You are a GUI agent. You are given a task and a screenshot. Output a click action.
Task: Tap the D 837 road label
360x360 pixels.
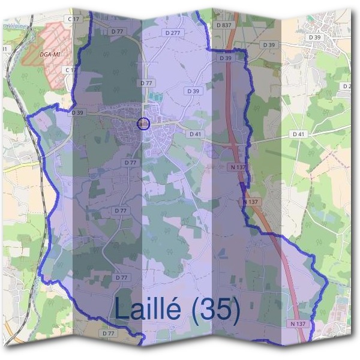tap(223, 25)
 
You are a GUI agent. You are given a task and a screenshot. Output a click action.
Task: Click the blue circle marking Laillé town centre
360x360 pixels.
tap(143, 124)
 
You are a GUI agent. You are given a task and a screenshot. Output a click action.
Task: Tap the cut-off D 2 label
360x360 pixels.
tap(346, 86)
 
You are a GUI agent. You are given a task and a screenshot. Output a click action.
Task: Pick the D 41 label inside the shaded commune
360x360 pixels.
tap(194, 134)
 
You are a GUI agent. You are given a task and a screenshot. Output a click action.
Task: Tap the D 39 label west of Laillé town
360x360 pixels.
tap(77, 112)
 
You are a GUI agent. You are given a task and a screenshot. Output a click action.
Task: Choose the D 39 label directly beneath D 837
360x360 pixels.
tap(226, 58)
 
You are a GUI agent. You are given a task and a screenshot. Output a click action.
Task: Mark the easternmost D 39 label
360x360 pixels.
tap(315, 37)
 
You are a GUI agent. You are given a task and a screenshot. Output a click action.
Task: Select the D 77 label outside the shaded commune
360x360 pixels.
tap(109, 332)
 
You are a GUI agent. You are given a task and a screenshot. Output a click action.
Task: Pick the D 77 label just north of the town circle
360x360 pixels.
tap(146, 83)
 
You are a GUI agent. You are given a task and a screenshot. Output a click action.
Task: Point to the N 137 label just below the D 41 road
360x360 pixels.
tap(237, 167)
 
